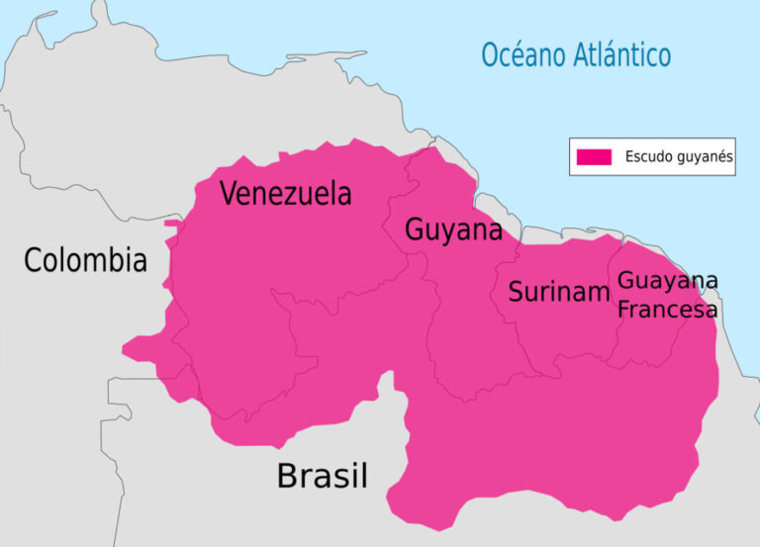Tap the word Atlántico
(622, 54)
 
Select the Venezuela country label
(285, 194)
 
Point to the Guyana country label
(453, 231)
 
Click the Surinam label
(558, 292)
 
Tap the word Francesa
(667, 310)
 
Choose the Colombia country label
(85, 261)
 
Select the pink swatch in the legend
(594, 156)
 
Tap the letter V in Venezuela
(229, 194)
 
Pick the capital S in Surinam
(516, 292)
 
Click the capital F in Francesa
(623, 310)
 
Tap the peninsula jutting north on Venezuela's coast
(100, 14)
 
